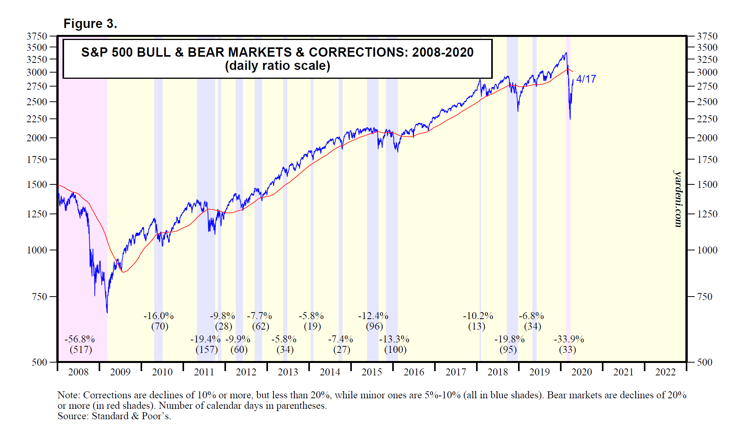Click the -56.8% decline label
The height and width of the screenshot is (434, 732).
click(80, 339)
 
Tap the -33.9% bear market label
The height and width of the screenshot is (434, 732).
click(569, 339)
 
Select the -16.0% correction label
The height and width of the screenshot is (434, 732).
click(158, 316)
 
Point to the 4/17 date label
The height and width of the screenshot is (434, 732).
click(586, 79)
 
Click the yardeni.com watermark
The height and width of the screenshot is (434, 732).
click(678, 199)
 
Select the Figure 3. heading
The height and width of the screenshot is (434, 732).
click(90, 24)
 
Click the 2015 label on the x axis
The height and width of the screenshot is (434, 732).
click(372, 372)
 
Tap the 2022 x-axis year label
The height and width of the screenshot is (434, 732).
click(665, 372)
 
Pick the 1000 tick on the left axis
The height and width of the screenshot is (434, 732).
click(37, 250)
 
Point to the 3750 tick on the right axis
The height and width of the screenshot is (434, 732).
click(707, 36)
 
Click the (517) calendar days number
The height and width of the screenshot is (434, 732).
click(81, 350)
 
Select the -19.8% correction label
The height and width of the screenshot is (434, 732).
click(509, 339)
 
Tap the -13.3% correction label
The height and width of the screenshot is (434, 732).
click(394, 339)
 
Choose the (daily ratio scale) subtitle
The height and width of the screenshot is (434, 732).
click(277, 66)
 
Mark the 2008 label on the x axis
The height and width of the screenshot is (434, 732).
click(78, 372)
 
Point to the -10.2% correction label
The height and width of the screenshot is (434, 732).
click(478, 316)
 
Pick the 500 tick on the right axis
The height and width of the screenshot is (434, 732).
click(704, 363)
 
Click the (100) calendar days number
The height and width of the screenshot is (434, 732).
click(395, 350)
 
